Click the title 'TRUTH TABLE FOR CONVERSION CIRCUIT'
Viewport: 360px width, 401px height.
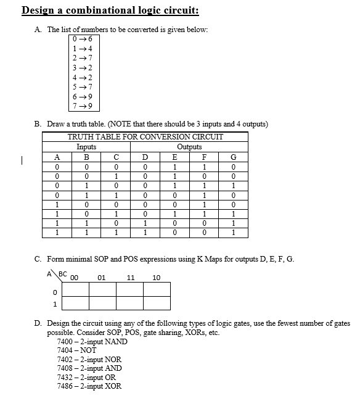[145, 137]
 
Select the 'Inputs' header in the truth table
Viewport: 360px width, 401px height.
[86, 147]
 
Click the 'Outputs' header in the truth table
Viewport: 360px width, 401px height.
[189, 147]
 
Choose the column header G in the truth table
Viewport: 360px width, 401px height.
[233, 157]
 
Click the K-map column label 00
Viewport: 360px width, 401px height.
[75, 278]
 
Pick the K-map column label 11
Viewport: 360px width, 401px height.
[130, 278]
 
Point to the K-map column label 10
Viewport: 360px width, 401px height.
[157, 278]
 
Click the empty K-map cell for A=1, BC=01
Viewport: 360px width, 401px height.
[103, 303]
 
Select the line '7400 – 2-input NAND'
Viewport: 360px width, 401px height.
[92, 342]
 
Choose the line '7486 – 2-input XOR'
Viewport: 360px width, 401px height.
[89, 386]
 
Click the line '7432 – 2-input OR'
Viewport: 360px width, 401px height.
[87, 377]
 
